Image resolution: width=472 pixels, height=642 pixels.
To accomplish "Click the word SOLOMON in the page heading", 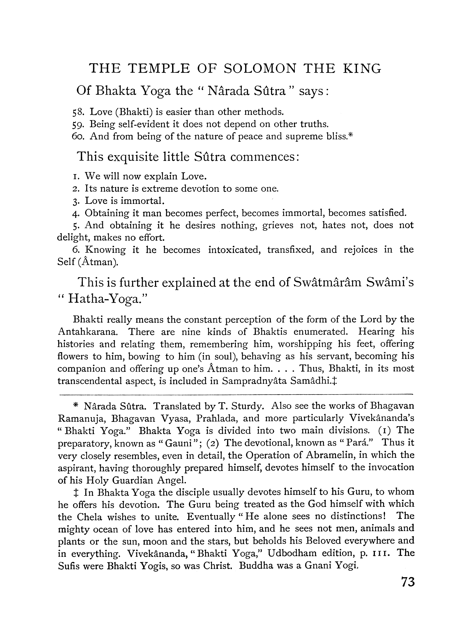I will [x=260, y=69].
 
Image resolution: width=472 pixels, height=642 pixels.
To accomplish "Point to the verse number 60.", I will [x=78, y=137].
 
